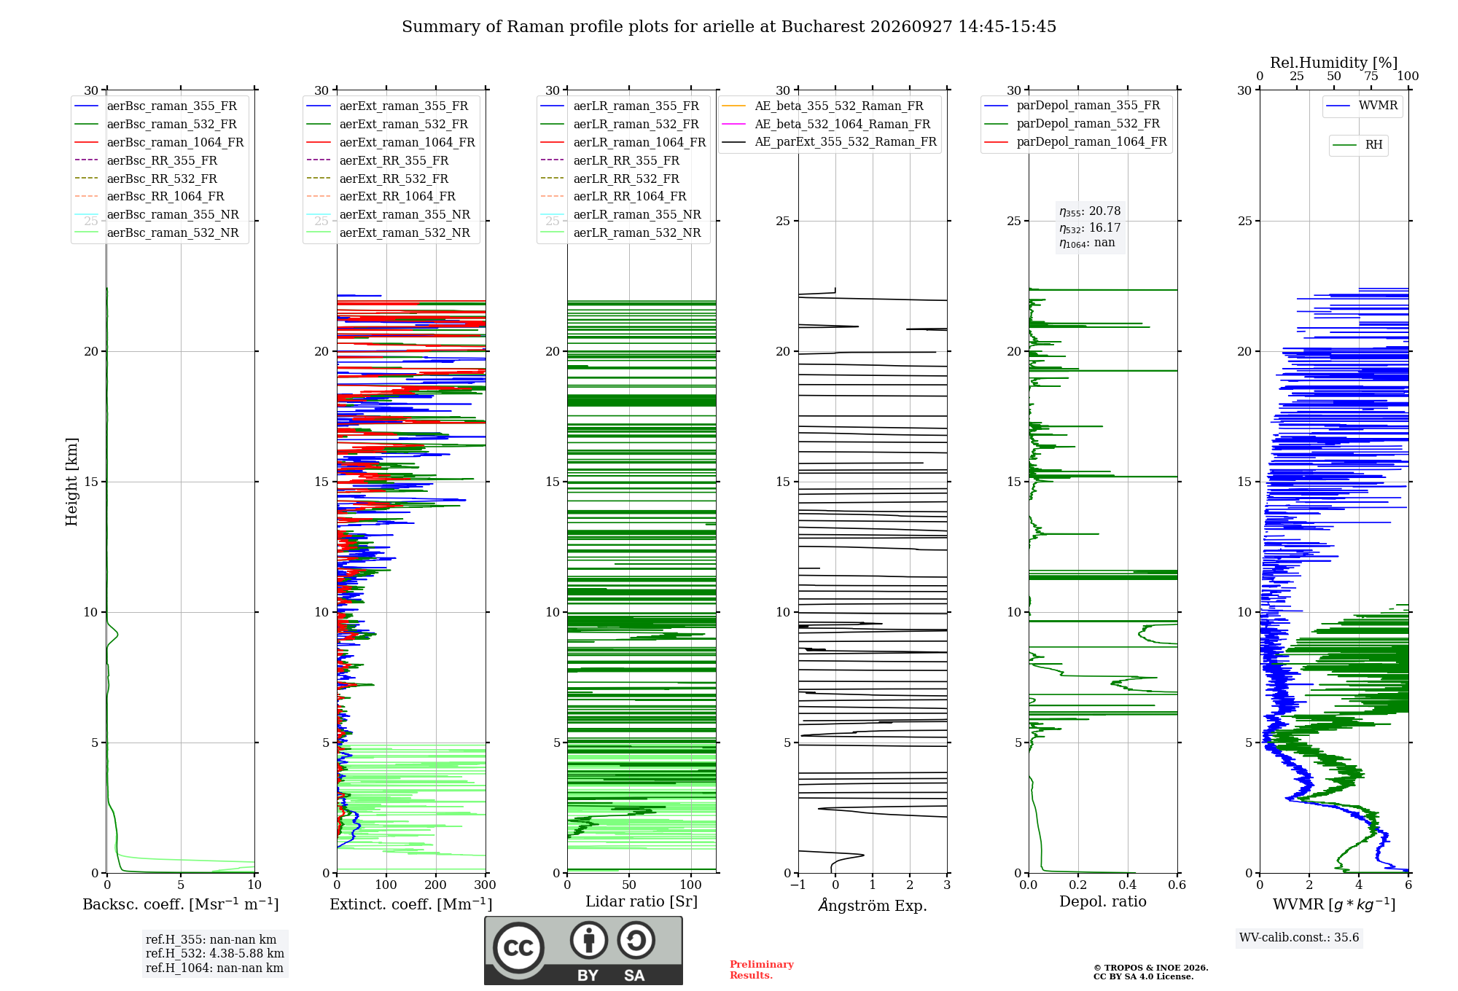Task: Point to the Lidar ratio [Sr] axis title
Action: pyautogui.click(x=642, y=901)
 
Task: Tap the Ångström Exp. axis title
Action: pyautogui.click(x=873, y=905)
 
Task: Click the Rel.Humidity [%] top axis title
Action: pyautogui.click(x=1334, y=63)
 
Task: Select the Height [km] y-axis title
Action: pyautogui.click(x=71, y=482)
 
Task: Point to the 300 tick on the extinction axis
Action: pyautogui.click(x=486, y=885)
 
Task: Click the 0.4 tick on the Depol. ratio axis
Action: pyautogui.click(x=1128, y=885)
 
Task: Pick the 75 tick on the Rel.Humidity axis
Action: pyautogui.click(x=1371, y=76)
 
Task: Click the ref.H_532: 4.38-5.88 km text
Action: pyautogui.click(x=215, y=953)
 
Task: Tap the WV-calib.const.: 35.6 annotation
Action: pyautogui.click(x=1299, y=937)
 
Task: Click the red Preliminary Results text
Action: pyautogui.click(x=762, y=970)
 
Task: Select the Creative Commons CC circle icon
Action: pyautogui.click(x=519, y=947)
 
